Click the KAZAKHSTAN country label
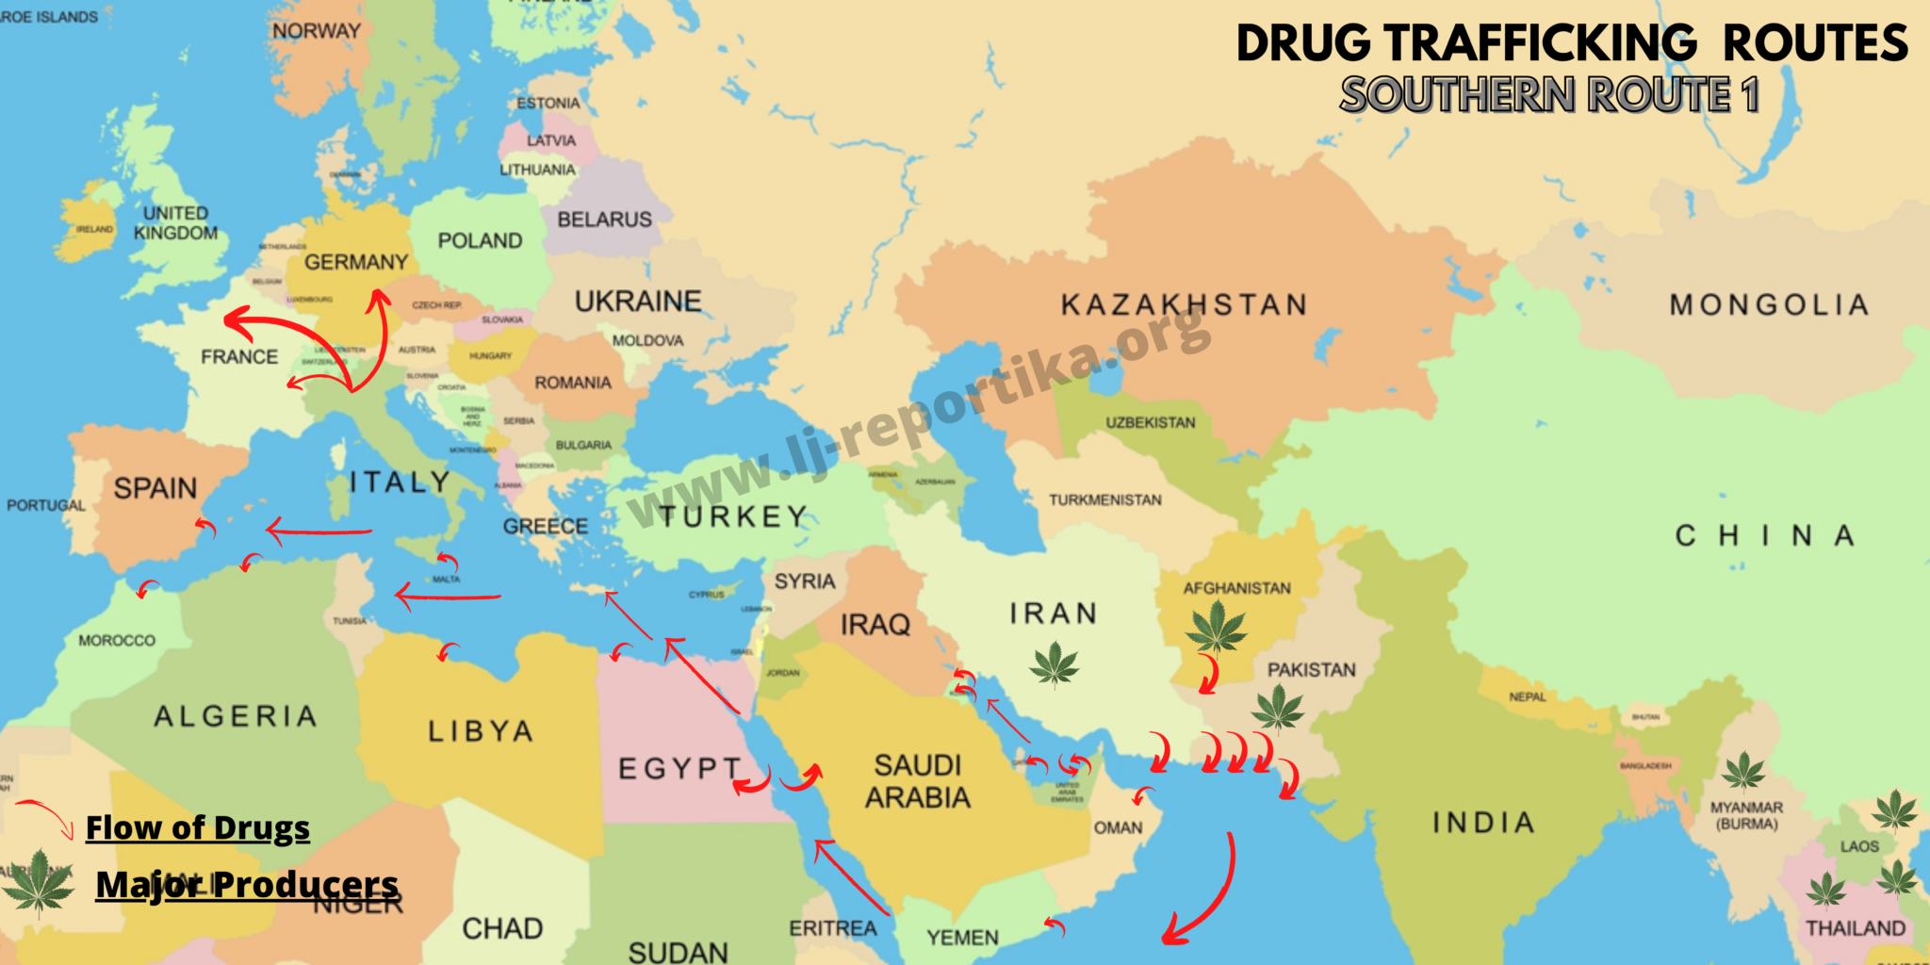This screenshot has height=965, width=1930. pos(1184,304)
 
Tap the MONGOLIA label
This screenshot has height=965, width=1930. pos(1769,304)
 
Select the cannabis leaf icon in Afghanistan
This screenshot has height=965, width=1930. pos(1216,627)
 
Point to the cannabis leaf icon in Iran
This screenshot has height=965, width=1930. pos(1054,664)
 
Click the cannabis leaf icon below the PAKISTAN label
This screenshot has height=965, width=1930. pos(1278,707)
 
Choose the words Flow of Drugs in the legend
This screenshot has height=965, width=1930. pos(197,827)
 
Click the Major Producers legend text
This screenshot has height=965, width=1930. pos(247,884)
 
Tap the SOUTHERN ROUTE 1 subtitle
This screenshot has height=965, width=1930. pos(1549,94)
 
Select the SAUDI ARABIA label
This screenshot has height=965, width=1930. pos(918,781)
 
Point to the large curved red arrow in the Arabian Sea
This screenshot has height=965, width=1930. pos(1216,895)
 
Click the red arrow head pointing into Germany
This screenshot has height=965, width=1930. pos(379,300)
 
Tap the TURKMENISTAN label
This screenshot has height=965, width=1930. pos(1105,499)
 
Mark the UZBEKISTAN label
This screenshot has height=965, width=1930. pos(1150,422)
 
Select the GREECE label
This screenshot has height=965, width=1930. pos(545,526)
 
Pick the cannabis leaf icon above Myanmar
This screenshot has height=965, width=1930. pos(1743,770)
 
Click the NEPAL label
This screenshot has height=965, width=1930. pos(1527,696)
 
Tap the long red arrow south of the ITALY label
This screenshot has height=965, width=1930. pos(320,532)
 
